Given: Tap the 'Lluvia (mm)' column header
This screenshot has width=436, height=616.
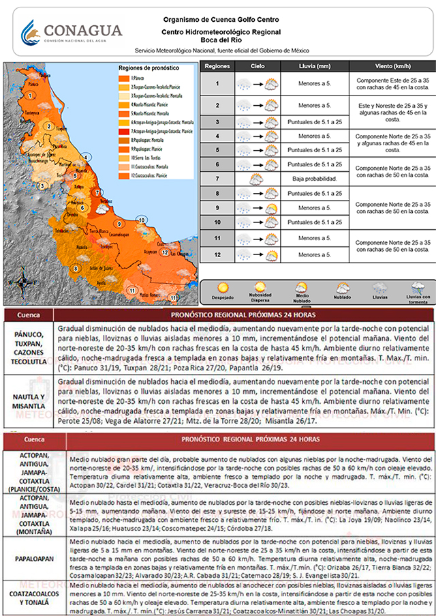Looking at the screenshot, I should coord(314,68).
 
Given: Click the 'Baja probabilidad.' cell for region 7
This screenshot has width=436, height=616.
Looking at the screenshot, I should coord(314,179).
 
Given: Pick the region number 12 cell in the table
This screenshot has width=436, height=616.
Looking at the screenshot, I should coord(217,254).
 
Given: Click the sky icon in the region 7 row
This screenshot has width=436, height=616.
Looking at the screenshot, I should coord(257,179).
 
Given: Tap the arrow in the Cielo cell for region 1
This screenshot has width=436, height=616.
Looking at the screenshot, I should coord(257,84).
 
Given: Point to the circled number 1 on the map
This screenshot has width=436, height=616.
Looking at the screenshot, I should coord(30,96).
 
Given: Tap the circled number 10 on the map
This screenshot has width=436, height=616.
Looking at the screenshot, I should coord(141,220).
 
